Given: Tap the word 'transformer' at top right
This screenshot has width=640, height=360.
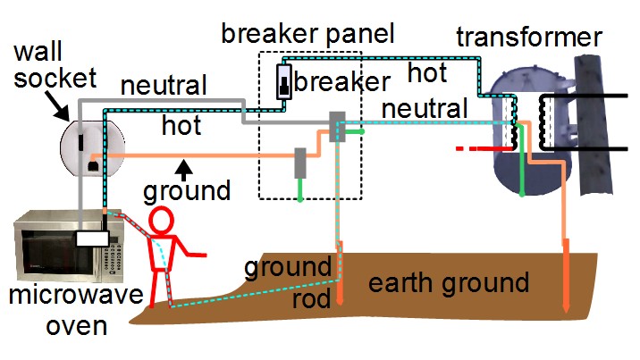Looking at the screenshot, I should click(528, 38).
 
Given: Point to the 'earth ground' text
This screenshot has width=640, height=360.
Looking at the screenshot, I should click(449, 284).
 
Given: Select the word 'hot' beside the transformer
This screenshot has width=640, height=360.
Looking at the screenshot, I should click(427, 71).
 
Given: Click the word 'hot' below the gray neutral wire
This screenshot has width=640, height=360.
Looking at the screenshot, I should click(181, 126).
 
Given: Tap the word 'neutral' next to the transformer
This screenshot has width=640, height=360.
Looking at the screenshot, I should click(424, 109).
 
